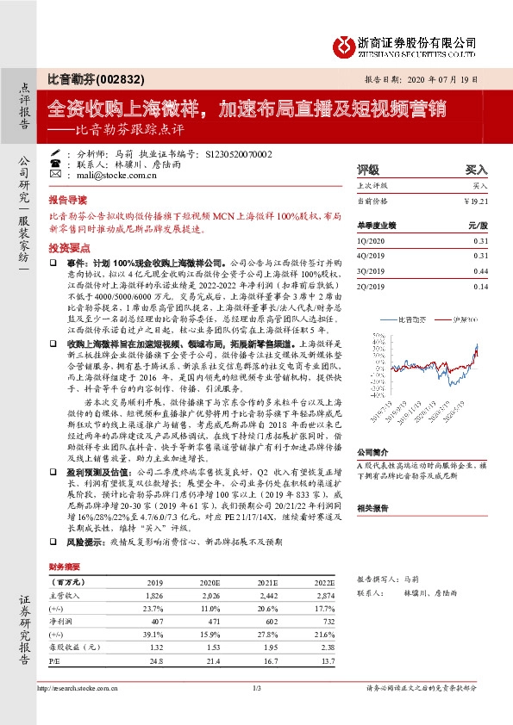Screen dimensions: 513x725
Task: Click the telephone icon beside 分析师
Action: (x=55, y=152)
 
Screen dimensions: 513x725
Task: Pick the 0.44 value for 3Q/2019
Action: (x=480, y=270)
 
